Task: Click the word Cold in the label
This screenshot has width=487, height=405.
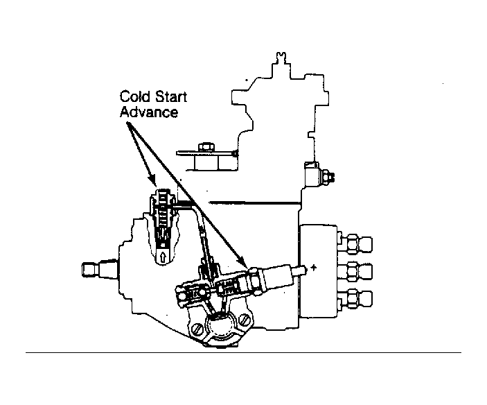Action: click(135, 96)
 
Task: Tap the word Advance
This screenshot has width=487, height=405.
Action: click(149, 112)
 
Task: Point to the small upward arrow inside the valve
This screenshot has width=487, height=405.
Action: click(163, 257)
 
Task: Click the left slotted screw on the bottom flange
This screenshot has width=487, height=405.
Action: click(198, 328)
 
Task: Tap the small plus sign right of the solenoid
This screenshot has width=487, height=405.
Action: click(314, 267)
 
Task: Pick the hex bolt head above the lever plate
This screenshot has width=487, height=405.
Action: click(206, 147)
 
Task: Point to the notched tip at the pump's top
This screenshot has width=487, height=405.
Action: click(281, 58)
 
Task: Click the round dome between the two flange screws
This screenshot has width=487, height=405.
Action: click(220, 327)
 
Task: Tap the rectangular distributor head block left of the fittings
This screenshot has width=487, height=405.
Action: click(318, 271)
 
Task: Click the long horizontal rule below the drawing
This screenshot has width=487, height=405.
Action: click(243, 352)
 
